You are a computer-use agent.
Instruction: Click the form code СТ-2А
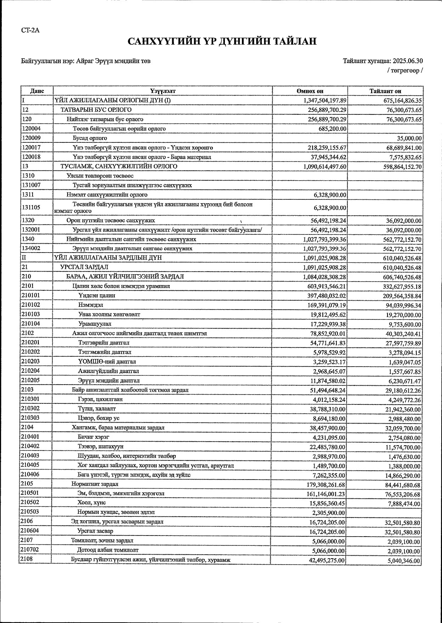tap(30, 30)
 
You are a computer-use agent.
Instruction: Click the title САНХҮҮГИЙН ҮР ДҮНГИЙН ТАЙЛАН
tap(222, 42)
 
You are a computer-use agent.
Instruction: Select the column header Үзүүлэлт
tap(163, 91)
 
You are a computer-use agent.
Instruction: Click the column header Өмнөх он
tap(310, 91)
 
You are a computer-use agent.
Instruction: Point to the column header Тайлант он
tap(385, 91)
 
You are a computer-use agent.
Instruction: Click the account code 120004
tap(31, 129)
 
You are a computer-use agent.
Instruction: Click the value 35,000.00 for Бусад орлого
tap(409, 138)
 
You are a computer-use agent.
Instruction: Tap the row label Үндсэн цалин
tap(97, 295)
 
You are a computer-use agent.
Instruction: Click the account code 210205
tap(31, 380)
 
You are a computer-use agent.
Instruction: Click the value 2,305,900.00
tap(329, 513)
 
